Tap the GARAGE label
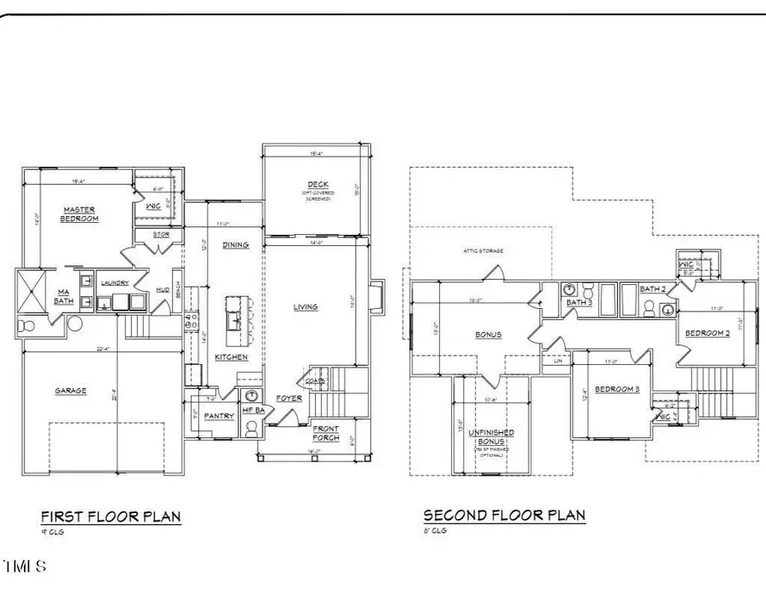click(x=71, y=391)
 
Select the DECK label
click(x=318, y=185)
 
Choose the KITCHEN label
click(x=231, y=357)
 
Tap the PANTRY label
click(x=220, y=416)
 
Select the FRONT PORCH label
click(x=325, y=432)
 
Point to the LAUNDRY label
click(x=114, y=283)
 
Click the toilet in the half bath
click(x=251, y=430)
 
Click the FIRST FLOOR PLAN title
click(x=111, y=516)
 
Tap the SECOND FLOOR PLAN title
click(x=504, y=515)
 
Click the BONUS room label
click(x=489, y=334)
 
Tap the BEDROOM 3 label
click(x=616, y=389)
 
